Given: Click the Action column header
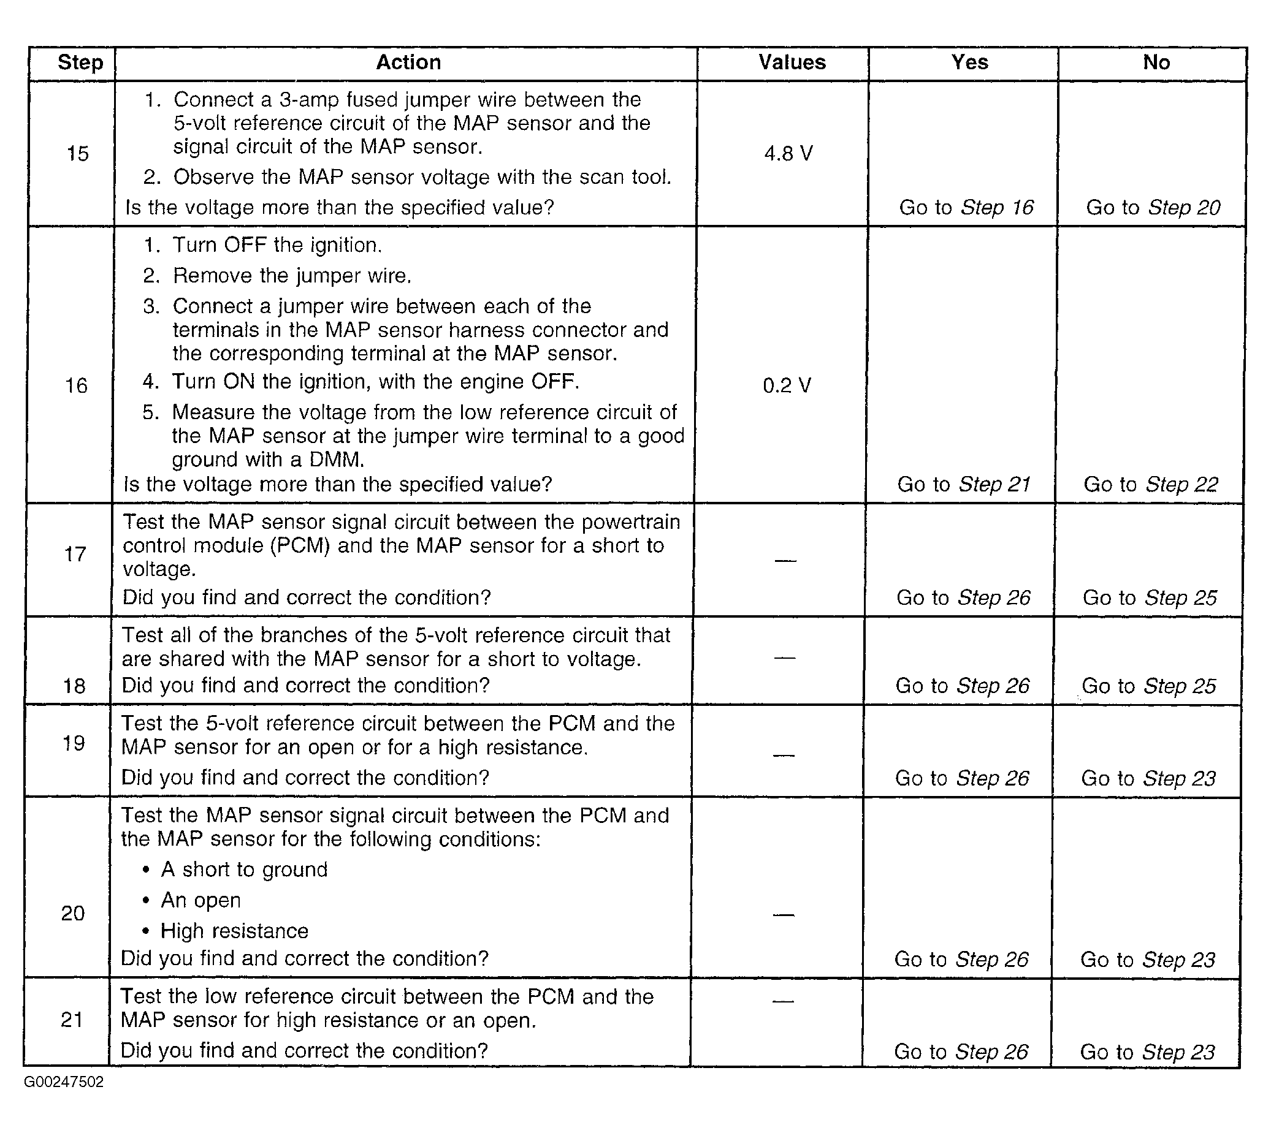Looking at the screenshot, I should coord(408,63).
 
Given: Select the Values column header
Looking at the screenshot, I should coord(792,63).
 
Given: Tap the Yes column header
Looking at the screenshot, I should coord(969,63).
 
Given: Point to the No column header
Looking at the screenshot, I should coord(1156,63).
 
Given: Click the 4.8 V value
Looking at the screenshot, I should coord(788,153).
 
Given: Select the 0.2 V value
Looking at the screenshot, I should coord(787,385).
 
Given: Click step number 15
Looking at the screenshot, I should coord(78,153).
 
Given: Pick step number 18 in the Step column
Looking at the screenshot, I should coord(74,686).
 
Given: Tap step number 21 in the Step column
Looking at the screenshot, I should coord(72,1020).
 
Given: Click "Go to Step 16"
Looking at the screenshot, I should coord(966,207).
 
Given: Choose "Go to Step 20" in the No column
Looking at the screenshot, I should coord(1153,207).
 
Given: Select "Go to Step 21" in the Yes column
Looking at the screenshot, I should coord(964,484).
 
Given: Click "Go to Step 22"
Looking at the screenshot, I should coord(1151,484).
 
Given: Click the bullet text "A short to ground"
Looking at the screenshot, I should coord(244,870).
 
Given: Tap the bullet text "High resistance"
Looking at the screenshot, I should coord(234,931).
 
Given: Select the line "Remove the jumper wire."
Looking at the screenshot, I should coord(292,275).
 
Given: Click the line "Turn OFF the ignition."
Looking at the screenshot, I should coord(277,244).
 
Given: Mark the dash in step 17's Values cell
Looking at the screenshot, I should coord(785,561).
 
